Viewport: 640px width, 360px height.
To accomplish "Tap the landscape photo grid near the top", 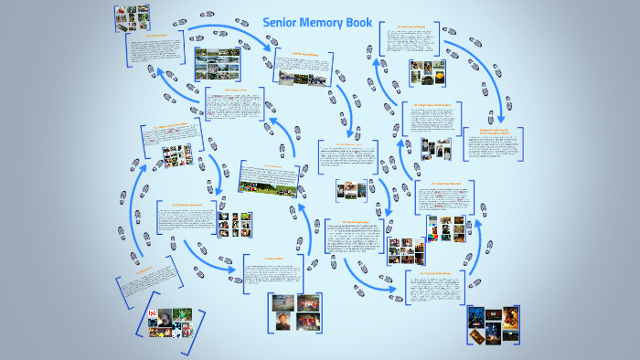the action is [x=218, y=64].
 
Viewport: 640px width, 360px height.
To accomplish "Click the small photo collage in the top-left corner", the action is [x=132, y=16].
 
